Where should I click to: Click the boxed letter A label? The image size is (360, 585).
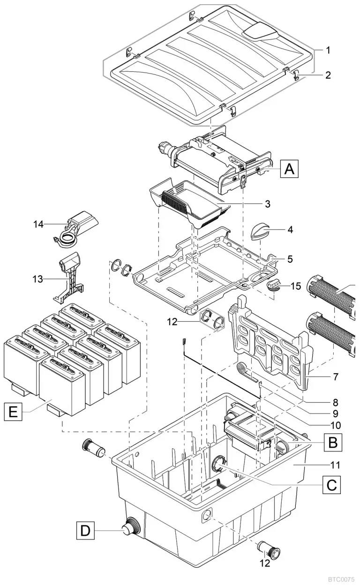(x=289, y=169)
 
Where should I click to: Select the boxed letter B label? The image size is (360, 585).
(x=332, y=443)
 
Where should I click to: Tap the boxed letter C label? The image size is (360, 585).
(x=332, y=485)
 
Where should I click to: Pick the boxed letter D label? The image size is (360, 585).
(x=85, y=530)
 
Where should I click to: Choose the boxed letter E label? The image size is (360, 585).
(x=13, y=412)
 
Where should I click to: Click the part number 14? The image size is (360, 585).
(x=38, y=224)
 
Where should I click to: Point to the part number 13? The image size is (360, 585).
(x=37, y=279)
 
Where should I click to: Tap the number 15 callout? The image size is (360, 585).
(x=296, y=286)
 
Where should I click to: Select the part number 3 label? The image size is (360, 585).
(x=267, y=204)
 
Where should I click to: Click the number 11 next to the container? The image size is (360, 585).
(x=335, y=465)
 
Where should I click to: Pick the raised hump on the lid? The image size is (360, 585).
(x=260, y=32)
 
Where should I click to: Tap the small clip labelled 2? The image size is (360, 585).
(x=296, y=75)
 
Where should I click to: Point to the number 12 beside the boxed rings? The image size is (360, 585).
(x=172, y=322)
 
